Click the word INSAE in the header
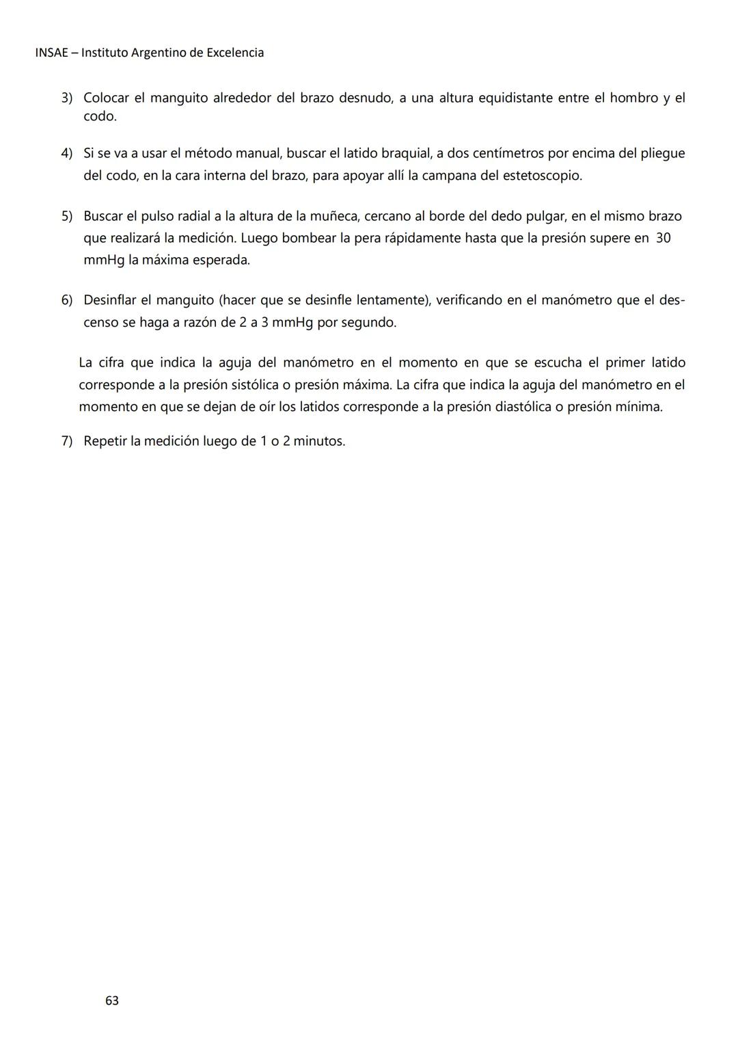tap(51, 53)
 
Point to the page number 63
tap(112, 1000)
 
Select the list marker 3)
tap(67, 98)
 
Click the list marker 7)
tap(67, 441)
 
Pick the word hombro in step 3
tap(633, 98)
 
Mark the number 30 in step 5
tap(663, 239)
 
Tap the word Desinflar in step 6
tap(112, 300)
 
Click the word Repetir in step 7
tap(106, 441)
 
